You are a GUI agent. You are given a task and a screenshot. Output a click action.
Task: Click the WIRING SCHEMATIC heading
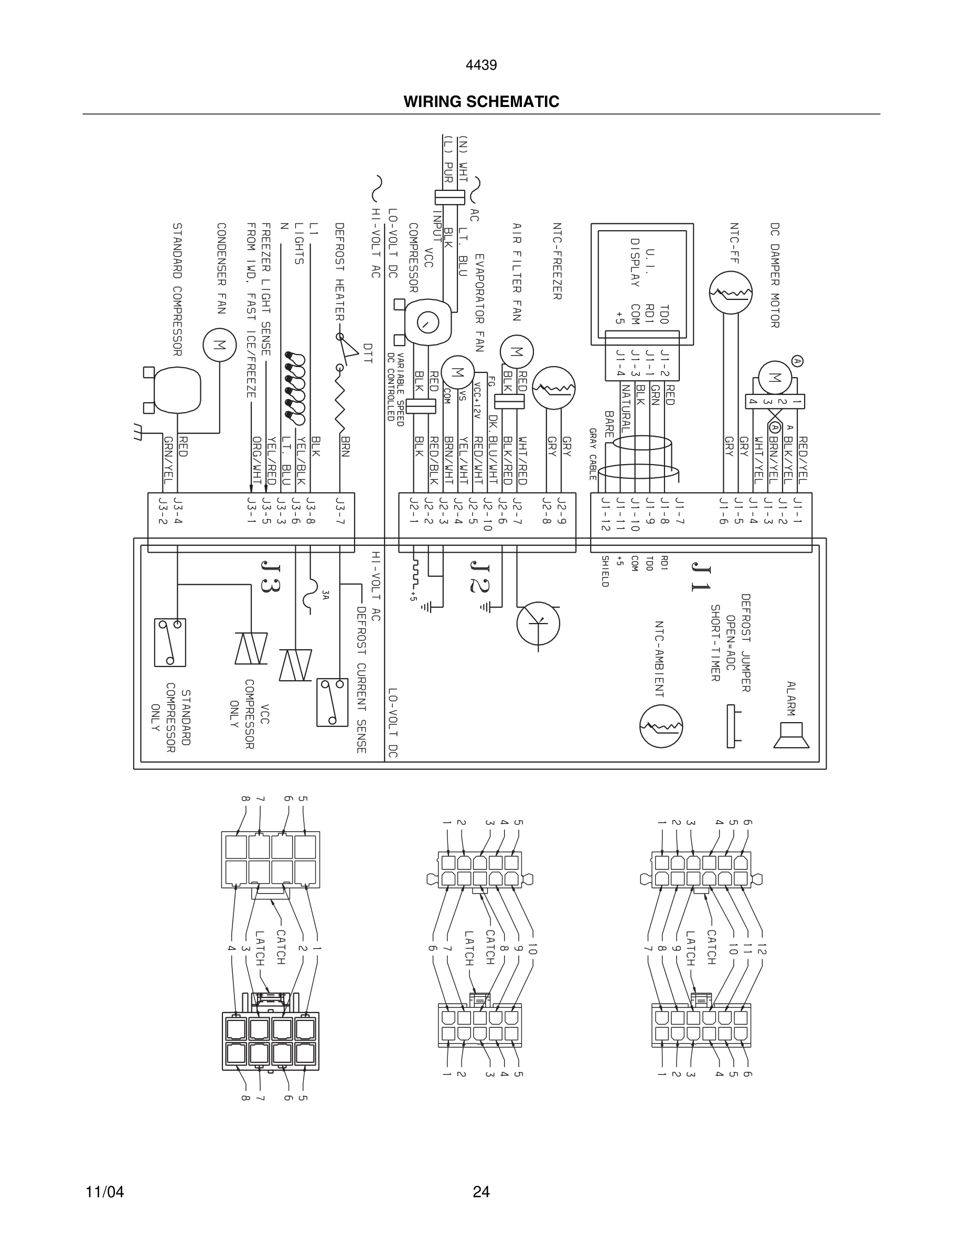point(481,102)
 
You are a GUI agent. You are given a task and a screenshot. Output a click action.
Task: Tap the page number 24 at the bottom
point(481,1192)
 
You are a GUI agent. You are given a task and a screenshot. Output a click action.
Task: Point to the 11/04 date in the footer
point(104,1192)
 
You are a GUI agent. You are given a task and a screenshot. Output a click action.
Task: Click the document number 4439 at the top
point(481,65)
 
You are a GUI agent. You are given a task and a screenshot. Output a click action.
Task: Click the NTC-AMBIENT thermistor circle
point(661,726)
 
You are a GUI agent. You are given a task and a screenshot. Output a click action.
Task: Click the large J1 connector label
point(701,577)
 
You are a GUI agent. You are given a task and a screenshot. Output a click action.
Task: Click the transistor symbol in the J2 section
point(538,623)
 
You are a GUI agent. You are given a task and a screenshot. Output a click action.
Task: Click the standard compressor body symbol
point(177,389)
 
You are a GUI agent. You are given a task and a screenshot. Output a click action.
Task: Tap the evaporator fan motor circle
point(457,372)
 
